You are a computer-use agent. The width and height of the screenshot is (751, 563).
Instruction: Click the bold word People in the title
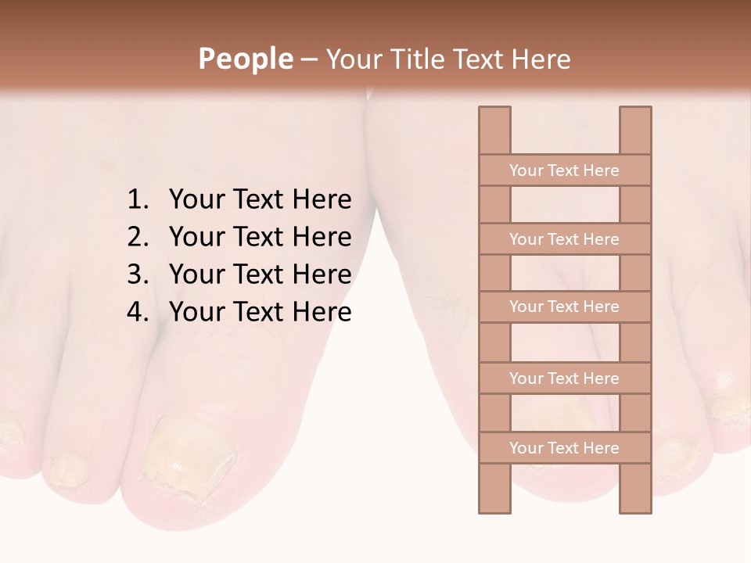246,59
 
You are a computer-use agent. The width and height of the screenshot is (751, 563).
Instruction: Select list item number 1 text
260,199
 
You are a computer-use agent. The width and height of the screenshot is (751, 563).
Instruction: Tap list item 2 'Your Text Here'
260,237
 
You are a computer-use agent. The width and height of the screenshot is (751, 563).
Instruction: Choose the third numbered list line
260,274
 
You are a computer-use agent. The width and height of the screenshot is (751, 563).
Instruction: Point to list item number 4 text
260,312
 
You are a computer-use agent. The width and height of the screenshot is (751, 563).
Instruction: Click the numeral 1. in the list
138,199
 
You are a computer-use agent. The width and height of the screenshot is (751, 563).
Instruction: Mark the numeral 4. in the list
138,312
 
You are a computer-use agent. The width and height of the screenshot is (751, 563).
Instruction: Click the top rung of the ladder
564,170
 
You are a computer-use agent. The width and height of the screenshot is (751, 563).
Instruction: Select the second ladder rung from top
564,239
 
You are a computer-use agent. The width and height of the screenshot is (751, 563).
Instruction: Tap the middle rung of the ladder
564,307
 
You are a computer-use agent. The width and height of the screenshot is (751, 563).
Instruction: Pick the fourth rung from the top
564,378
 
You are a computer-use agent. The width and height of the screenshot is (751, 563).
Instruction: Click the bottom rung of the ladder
564,448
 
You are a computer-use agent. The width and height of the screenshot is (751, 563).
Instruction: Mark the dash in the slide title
309,59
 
